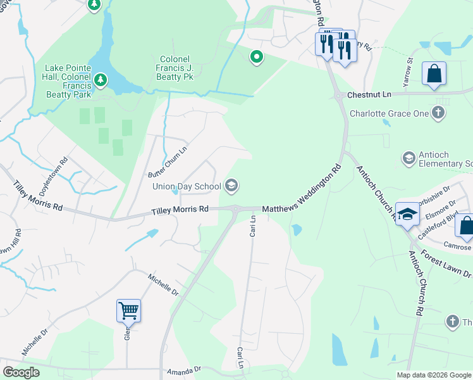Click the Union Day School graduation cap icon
pos(231,186)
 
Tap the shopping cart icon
pos(128,310)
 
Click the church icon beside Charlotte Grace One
pos(438,113)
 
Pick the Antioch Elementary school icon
pos(408,156)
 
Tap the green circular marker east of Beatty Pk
pos(256,58)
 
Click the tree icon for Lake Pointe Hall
pos(100,80)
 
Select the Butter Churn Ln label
pos(168,163)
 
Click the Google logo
pos(21,372)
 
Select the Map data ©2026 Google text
pos(433,375)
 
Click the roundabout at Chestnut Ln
pos(339,96)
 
